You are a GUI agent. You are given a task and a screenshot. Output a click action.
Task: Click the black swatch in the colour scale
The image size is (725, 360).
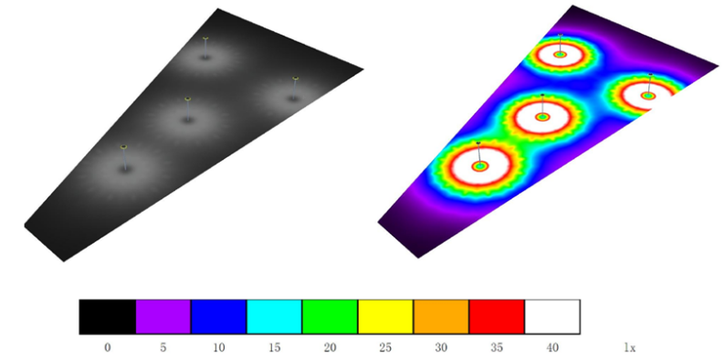pos(107,317)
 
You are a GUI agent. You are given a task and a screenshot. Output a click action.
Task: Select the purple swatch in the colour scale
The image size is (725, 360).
pos(163,317)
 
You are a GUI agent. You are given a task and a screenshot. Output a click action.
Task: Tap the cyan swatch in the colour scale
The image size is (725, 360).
pos(274,317)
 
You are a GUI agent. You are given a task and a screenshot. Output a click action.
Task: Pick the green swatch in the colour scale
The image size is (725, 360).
pos(330,317)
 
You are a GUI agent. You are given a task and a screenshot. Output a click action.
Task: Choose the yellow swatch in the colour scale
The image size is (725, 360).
pos(385,317)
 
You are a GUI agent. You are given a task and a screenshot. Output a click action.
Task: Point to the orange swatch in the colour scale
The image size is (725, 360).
pos(441,317)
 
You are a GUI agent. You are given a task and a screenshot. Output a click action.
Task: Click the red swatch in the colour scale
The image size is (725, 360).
pos(497,317)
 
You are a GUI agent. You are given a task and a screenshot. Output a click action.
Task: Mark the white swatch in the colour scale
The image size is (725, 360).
pos(552,317)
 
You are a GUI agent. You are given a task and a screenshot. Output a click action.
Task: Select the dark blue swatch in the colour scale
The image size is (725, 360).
pos(219,317)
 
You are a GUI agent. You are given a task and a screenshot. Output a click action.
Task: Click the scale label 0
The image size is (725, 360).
pos(107,347)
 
